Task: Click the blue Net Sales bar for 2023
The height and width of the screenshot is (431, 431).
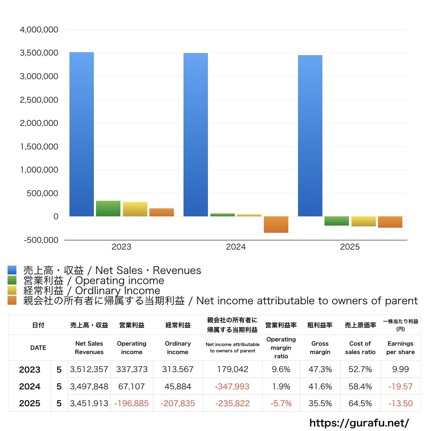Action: pyautogui.click(x=81, y=134)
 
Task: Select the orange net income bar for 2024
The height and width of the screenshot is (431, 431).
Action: pyautogui.click(x=276, y=224)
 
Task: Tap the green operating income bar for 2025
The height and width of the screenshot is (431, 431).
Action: pyautogui.click(x=336, y=221)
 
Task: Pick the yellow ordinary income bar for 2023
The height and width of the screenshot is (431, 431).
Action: pyautogui.click(x=135, y=209)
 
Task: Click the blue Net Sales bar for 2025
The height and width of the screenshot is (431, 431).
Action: pyautogui.click(x=310, y=136)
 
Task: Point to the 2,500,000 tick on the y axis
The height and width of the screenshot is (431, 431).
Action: pyautogui.click(x=39, y=100)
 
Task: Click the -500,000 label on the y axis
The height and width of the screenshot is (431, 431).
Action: pyautogui.click(x=41, y=240)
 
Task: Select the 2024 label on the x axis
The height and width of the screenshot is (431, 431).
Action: pyautogui.click(x=236, y=247)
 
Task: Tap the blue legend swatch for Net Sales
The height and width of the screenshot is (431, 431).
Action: pyautogui.click(x=12, y=270)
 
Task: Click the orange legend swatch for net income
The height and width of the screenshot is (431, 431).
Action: pyautogui.click(x=12, y=301)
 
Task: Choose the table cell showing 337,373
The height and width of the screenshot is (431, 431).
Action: pyautogui.click(x=132, y=369)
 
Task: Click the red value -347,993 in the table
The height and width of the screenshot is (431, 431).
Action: pyautogui.click(x=232, y=386)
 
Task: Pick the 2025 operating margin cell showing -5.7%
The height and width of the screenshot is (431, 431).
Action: pyautogui.click(x=281, y=403)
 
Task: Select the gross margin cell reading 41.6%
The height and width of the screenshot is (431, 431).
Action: pyautogui.click(x=320, y=386)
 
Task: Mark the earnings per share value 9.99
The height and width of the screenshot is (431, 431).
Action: pyautogui.click(x=401, y=369)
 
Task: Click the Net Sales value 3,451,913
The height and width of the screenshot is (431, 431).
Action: pyautogui.click(x=89, y=403)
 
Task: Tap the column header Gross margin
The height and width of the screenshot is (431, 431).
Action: pyautogui.click(x=320, y=348)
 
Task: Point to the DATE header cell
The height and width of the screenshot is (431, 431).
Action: pyautogui.click(x=38, y=348)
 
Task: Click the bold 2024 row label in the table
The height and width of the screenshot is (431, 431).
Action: pyautogui.click(x=30, y=386)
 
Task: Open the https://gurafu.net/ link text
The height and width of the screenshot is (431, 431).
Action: pyautogui.click(x=359, y=423)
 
